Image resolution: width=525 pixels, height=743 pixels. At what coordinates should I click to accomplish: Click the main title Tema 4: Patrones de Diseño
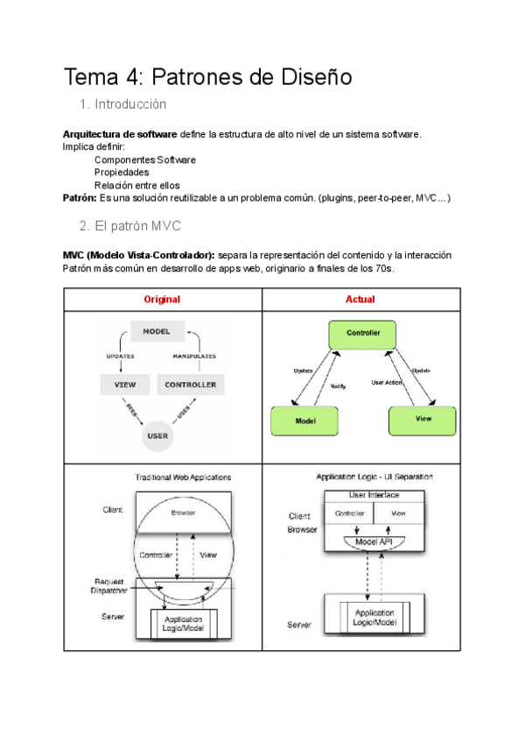[208, 77]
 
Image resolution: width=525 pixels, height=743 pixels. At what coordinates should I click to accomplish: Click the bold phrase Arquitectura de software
[120, 134]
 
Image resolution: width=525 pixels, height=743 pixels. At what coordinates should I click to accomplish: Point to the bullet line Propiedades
[122, 173]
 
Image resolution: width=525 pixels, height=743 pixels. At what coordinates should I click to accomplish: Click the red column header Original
[162, 299]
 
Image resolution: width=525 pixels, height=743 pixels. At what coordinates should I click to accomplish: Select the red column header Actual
[360, 299]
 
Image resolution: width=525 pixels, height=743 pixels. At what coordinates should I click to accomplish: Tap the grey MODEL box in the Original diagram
[157, 331]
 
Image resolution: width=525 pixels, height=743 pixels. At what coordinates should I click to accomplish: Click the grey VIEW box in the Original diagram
[124, 384]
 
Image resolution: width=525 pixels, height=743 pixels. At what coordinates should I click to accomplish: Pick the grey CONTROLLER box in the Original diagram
[190, 384]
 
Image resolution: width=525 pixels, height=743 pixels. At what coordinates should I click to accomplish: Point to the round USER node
[157, 435]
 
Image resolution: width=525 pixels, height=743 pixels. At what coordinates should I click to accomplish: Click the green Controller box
[363, 334]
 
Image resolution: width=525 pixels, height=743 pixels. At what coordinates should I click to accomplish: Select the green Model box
[304, 421]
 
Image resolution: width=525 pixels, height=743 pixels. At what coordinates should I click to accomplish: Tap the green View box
[423, 420]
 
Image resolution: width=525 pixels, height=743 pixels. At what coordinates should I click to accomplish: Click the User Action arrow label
[387, 382]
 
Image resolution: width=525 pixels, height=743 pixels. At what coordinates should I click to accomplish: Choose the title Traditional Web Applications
[183, 478]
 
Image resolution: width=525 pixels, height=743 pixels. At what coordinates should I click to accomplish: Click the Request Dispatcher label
[110, 586]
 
